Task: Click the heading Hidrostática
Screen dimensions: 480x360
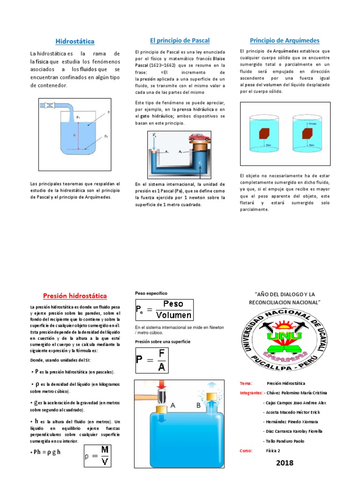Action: click(75, 41)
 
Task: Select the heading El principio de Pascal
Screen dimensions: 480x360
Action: click(180, 40)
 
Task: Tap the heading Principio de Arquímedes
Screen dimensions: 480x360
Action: click(285, 40)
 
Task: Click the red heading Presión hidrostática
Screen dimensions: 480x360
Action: click(75, 296)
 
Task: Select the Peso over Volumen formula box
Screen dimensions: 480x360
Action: click(164, 309)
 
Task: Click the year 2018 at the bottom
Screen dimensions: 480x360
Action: click(285, 463)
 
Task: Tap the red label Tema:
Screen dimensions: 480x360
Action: click(246, 383)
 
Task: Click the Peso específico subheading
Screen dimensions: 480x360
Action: click(151, 293)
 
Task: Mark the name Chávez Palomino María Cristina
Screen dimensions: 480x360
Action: click(297, 393)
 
